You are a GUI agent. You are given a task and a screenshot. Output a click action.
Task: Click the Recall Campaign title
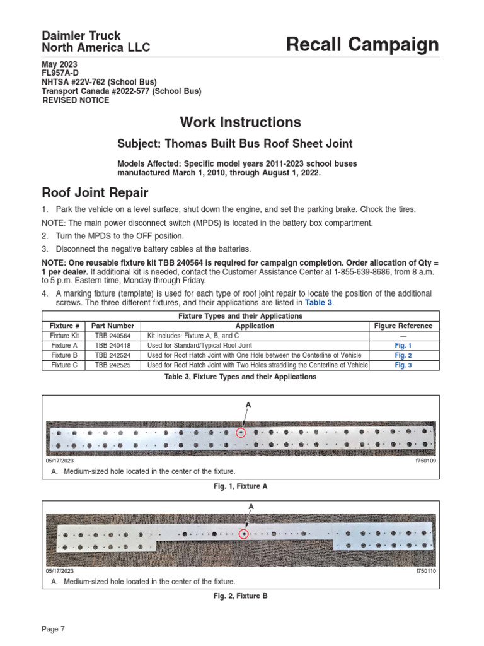(x=362, y=45)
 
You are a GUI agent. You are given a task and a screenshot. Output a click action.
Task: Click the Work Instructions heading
(x=240, y=122)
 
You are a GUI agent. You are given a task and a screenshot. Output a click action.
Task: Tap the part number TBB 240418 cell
(x=113, y=346)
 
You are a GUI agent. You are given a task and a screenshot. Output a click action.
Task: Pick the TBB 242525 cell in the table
(x=113, y=365)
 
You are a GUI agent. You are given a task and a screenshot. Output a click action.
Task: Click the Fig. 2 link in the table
(x=403, y=355)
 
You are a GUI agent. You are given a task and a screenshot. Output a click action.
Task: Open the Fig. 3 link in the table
(x=403, y=365)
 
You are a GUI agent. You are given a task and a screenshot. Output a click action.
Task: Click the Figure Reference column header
(x=403, y=326)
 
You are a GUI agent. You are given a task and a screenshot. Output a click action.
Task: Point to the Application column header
(x=255, y=326)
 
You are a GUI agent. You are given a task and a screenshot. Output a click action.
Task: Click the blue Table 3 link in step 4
(x=318, y=303)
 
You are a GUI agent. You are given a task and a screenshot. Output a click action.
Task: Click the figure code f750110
(x=425, y=572)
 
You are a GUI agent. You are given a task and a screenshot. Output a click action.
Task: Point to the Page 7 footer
(x=54, y=628)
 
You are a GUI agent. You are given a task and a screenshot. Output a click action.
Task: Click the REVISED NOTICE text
(x=75, y=101)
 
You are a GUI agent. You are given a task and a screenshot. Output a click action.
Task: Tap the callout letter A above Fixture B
(x=251, y=507)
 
